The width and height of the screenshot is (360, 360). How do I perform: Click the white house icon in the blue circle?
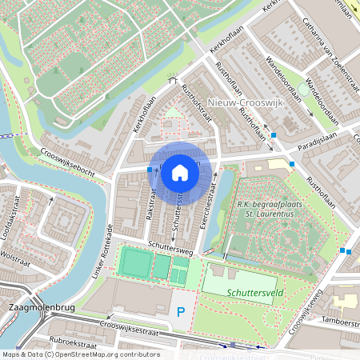(180, 172)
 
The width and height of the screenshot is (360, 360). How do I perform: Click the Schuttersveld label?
(250, 294)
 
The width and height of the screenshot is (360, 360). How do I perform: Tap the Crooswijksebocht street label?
(68, 160)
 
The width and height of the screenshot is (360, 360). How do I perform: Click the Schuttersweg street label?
(170, 246)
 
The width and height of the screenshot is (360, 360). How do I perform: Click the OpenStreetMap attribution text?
(81, 354)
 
